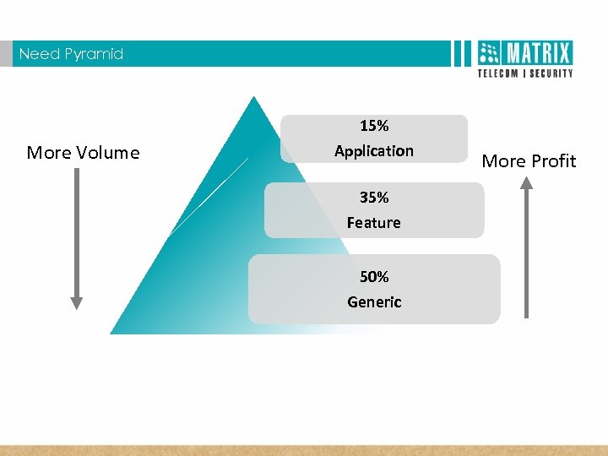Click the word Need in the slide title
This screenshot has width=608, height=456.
37,54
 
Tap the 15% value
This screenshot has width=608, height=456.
374,126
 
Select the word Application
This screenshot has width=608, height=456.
374,151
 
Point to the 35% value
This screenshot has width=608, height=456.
374,198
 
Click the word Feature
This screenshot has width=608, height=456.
374,223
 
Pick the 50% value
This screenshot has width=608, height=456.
374,277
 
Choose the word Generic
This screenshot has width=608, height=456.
374,302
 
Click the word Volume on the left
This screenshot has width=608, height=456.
108,153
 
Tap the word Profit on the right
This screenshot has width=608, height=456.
554,161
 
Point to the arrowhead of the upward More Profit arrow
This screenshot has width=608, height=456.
526,182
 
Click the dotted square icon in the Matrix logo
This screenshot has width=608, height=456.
490,54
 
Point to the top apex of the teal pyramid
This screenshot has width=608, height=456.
252,97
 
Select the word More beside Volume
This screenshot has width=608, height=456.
50,153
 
